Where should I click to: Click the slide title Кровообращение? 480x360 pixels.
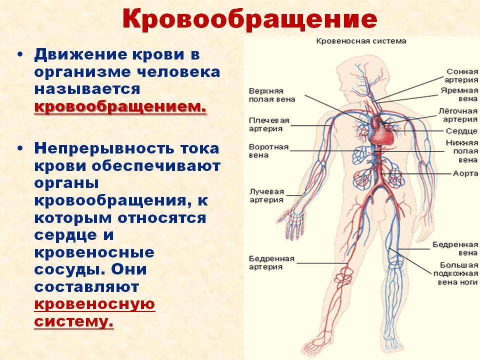click(x=249, y=19)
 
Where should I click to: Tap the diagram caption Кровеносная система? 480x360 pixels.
click(x=361, y=41)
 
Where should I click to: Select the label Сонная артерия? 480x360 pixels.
click(x=461, y=75)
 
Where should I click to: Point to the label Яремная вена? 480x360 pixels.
click(x=459, y=94)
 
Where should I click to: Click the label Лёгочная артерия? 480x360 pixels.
click(x=458, y=115)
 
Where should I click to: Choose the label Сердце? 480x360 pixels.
click(x=461, y=131)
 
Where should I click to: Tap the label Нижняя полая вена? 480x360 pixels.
click(x=461, y=151)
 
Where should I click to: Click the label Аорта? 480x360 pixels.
click(x=465, y=173)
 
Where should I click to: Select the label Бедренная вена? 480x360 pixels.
click(x=455, y=249)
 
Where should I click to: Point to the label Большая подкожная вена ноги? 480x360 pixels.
click(x=456, y=273)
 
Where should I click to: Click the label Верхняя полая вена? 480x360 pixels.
click(x=272, y=95)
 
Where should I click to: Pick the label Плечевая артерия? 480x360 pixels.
click(x=269, y=124)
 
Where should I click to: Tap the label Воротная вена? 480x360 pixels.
click(x=268, y=151)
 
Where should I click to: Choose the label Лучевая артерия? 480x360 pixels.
click(x=266, y=195)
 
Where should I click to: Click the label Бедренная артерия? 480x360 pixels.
click(x=271, y=263)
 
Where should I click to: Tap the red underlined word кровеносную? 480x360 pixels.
click(x=94, y=304)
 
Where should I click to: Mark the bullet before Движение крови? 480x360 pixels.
click(x=20, y=55)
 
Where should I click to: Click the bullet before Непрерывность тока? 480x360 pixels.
click(x=20, y=149)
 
